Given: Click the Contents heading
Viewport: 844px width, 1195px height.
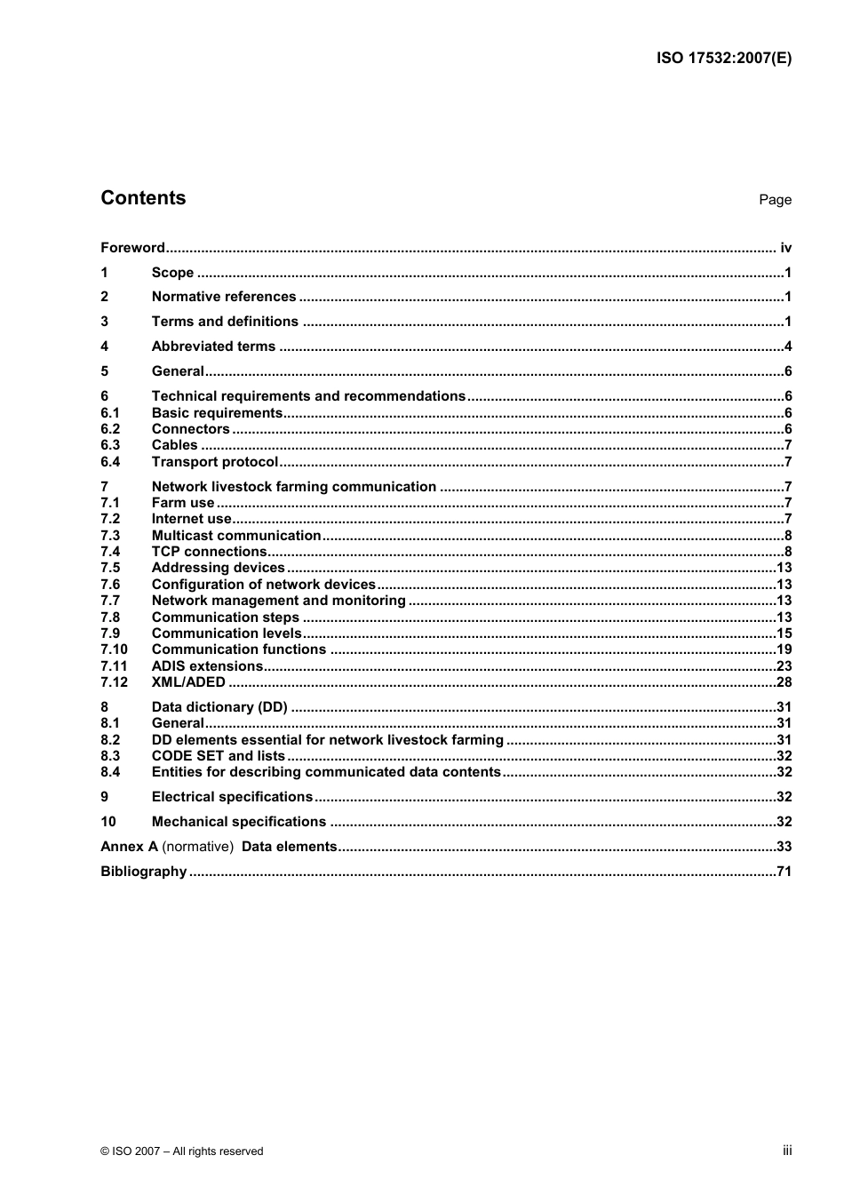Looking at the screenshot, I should coord(143,198).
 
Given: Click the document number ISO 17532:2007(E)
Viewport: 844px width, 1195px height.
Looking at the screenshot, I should coord(723,59).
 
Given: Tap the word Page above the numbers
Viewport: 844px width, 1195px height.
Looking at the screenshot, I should coord(775,200).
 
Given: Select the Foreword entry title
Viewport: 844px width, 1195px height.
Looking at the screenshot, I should coord(132,248).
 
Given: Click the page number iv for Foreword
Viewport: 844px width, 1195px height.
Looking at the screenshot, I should coord(785,248).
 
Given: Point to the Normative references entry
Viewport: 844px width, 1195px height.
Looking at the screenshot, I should coord(224,297).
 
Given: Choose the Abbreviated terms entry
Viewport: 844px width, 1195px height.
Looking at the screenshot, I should coord(213,347).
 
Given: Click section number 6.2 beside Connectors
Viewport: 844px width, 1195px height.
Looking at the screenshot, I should coord(110,429).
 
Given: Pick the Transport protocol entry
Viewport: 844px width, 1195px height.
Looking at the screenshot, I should coord(215,462).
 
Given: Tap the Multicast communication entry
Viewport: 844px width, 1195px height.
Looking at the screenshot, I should coord(236,536).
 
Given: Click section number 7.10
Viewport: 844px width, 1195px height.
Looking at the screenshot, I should coord(114,649).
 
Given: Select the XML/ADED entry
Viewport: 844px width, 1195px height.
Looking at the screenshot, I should coord(188,682).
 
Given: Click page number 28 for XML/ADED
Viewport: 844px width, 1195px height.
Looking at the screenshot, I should coord(784,682).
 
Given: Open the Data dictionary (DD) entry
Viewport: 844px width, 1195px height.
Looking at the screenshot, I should coord(219,707).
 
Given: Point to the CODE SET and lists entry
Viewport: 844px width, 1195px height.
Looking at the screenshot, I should coord(219,756).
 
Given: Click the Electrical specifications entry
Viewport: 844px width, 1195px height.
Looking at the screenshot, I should coord(232,797).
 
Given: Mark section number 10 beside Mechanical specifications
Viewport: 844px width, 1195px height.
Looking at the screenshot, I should coord(108,822).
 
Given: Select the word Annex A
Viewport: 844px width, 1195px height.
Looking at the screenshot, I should coord(129,847).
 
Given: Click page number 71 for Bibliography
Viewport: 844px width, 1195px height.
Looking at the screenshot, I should coord(784,872).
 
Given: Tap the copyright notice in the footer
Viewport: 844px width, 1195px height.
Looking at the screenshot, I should coord(182,1151).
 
